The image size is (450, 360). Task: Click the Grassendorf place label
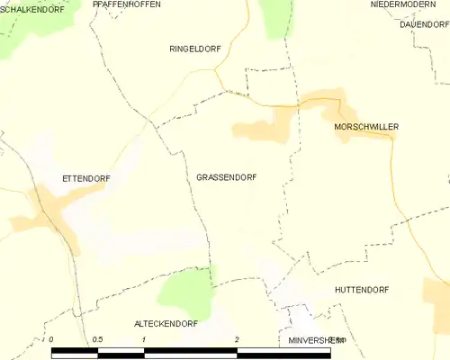[x=226, y=177]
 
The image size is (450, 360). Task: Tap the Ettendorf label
[x=85, y=178]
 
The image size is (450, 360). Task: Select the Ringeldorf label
[x=194, y=49]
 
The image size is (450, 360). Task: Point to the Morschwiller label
[x=365, y=127]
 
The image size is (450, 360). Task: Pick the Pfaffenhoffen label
[x=127, y=4]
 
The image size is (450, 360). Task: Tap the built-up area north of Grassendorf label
[x=263, y=130]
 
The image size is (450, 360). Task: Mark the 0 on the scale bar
[x=52, y=338]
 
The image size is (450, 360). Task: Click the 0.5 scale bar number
[x=97, y=338]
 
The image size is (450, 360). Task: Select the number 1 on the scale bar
[x=144, y=338]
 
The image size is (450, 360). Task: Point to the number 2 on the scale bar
[x=236, y=338]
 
